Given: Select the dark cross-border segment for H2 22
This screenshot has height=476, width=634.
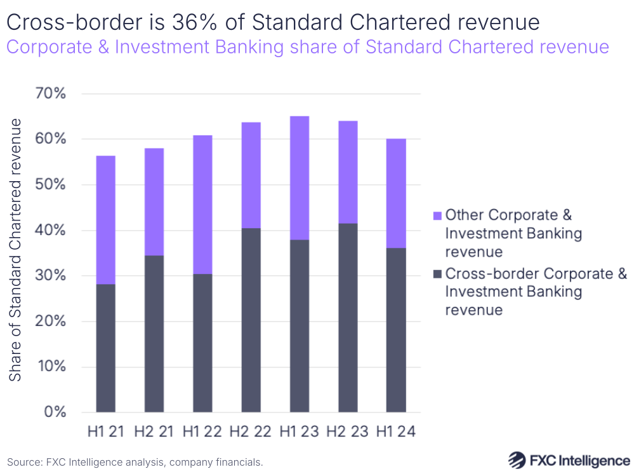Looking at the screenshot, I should click(x=251, y=320).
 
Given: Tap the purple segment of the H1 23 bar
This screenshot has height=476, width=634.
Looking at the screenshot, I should click(x=300, y=178).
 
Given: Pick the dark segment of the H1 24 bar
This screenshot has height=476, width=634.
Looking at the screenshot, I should click(x=396, y=329).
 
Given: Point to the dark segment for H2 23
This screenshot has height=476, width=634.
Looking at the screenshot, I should click(x=348, y=317).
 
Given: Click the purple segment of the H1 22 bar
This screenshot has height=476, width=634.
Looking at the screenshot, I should click(x=202, y=205).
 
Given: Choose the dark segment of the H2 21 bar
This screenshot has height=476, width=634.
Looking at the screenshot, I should click(x=154, y=333).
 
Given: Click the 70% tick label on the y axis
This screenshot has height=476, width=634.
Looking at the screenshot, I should click(x=50, y=94).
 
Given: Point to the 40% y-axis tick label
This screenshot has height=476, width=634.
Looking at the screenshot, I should click(x=50, y=230).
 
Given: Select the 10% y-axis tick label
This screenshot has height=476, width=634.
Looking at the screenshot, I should click(x=50, y=367).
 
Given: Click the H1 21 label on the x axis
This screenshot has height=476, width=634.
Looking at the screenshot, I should click(x=105, y=432).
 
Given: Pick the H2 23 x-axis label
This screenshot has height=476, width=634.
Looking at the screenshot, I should click(x=348, y=432).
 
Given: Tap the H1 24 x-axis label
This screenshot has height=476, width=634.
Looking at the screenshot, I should click(x=396, y=432).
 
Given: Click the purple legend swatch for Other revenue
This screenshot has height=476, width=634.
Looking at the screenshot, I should click(x=437, y=216).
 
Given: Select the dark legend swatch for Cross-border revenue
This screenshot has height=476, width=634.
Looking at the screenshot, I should click(x=437, y=275).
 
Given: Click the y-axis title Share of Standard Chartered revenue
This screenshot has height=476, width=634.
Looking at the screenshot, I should click(x=16, y=249).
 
